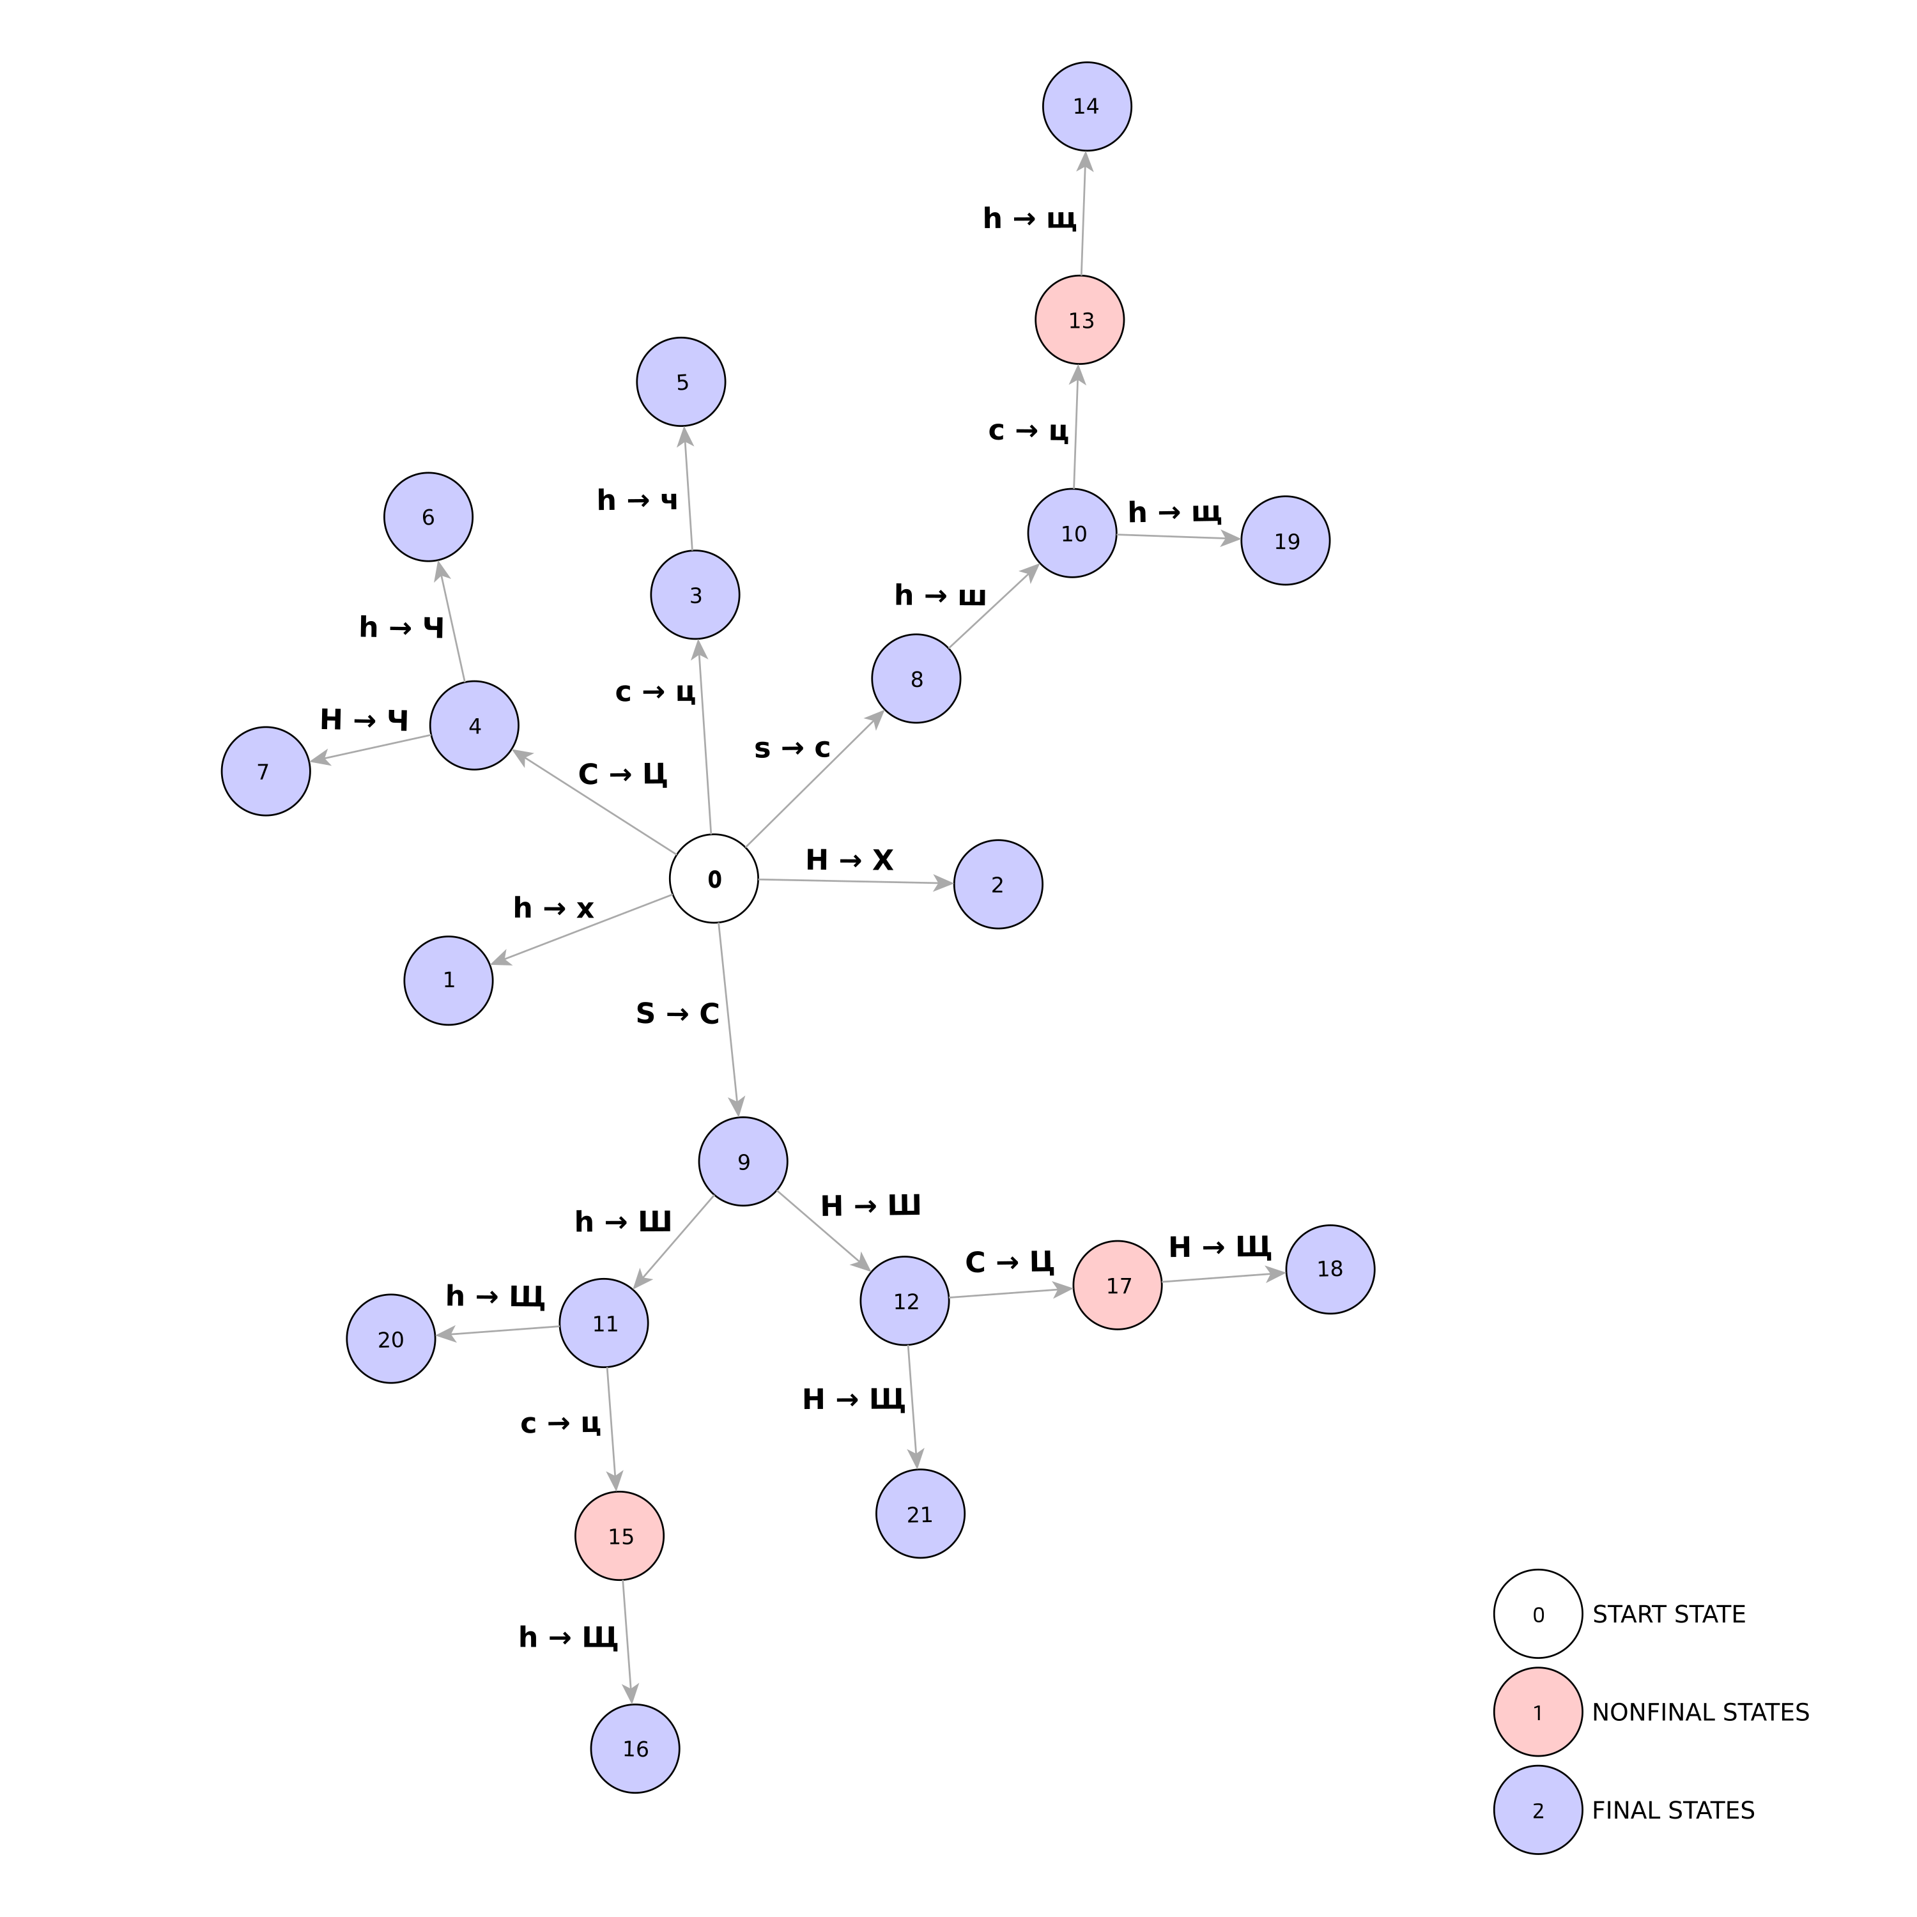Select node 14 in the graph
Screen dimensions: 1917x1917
(1086, 106)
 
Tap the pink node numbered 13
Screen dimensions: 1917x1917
(1079, 321)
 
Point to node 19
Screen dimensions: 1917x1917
(1285, 541)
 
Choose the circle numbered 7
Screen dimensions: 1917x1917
(266, 771)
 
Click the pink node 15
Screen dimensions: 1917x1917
(619, 1536)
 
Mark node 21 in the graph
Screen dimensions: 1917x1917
(920, 1514)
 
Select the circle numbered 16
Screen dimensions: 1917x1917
(635, 1748)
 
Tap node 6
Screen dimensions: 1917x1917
(429, 517)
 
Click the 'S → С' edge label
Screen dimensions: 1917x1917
(678, 1013)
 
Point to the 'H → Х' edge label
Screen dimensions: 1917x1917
(849, 859)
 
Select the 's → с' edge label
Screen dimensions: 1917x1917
(792, 748)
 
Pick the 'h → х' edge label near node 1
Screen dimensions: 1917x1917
(553, 908)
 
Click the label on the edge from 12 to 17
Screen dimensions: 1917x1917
(1009, 1262)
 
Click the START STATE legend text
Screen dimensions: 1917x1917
(1669, 1614)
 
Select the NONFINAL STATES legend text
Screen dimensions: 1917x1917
(1700, 1713)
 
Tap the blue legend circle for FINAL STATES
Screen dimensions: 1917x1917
(1538, 1810)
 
